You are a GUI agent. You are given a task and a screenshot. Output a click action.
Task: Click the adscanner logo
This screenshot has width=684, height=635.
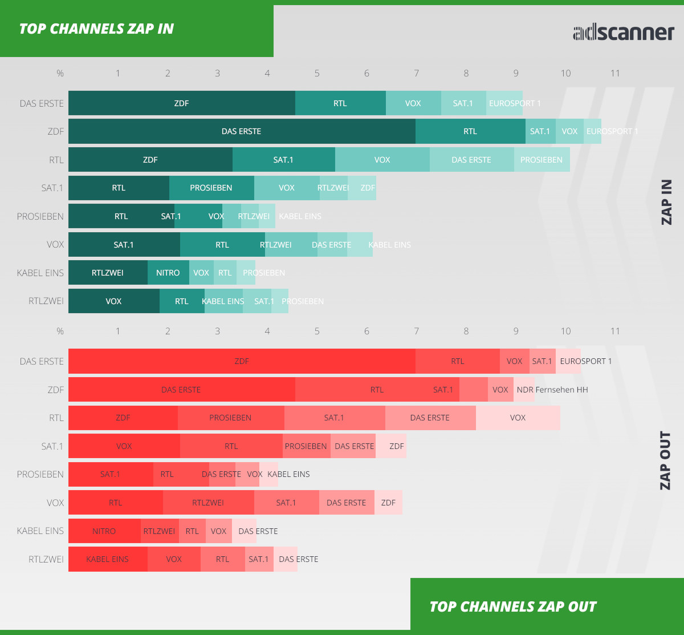pos(623,32)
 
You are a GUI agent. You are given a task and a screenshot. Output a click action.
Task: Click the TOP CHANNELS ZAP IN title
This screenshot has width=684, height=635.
pos(96,29)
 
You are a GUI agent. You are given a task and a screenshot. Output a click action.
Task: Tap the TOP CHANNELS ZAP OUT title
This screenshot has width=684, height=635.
pos(512,606)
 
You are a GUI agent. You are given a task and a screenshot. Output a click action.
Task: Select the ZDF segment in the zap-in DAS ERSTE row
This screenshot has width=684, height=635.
pos(181,103)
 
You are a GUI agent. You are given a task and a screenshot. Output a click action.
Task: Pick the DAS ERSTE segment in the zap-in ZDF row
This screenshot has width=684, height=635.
pos(241,131)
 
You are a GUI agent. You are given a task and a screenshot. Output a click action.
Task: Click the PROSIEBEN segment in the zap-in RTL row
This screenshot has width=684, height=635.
pos(541,160)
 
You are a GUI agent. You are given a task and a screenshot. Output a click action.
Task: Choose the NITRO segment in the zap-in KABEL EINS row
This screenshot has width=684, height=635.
pos(168,273)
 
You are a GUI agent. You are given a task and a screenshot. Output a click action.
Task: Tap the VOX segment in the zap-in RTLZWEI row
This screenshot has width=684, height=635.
pos(113,301)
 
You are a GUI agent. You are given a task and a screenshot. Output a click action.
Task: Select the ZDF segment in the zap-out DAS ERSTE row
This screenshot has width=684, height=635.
pos(242,361)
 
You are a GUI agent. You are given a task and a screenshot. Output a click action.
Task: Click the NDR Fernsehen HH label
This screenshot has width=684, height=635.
pos(552,390)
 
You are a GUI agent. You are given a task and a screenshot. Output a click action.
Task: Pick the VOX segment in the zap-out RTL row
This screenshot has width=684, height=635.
pos(518,418)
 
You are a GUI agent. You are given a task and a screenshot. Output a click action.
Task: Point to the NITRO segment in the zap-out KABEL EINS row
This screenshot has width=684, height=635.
pos(104,531)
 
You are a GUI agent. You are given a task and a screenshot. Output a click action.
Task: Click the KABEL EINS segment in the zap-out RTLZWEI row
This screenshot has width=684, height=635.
pos(107,559)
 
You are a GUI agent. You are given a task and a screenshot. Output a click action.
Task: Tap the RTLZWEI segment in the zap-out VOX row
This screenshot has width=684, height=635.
pos(208,503)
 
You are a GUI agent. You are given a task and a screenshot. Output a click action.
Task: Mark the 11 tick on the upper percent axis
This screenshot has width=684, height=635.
pos(615,74)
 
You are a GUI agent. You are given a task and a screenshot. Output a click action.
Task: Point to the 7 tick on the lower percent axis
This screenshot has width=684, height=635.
pos(416,331)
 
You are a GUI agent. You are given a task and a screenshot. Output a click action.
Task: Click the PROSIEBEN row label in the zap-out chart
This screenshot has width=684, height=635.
pos(40,475)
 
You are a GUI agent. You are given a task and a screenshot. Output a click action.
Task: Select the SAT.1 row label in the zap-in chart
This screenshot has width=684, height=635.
pos(52,188)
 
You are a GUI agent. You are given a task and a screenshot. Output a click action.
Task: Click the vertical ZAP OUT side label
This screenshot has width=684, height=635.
pos(666,460)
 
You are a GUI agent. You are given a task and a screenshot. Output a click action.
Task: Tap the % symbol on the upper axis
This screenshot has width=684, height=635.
pos(60,74)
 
